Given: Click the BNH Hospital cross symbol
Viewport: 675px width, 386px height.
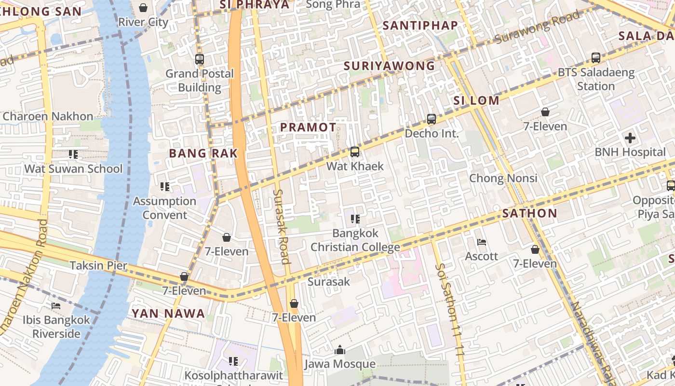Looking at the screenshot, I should tap(630, 138).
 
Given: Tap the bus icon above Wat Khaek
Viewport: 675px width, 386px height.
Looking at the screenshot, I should tap(355, 152).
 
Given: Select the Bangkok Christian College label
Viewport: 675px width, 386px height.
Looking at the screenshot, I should tap(355, 240).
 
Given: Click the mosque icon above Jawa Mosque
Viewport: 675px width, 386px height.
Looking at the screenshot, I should tap(340, 350).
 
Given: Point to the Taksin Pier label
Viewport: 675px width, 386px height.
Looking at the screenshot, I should tap(98, 265).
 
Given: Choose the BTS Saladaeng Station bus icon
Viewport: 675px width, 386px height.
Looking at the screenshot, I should tap(596, 58).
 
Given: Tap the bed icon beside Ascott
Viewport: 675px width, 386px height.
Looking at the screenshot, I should tap(481, 242).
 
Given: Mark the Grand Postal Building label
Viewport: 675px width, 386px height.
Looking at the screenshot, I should tap(200, 81).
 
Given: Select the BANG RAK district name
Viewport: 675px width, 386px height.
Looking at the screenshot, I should tap(203, 153).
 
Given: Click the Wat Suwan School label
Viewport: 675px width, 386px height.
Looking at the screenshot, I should tap(73, 169).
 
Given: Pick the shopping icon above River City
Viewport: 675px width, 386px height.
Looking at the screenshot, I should tap(143, 8).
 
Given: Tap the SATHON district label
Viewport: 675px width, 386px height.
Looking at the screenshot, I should tap(529, 213).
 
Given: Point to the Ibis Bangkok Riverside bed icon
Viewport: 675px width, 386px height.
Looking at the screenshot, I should tap(56, 306).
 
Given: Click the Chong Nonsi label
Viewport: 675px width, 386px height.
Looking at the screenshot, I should tap(503, 178).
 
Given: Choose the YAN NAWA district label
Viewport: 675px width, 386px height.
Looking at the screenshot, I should tap(168, 314).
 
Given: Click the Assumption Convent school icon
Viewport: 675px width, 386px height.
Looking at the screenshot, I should tap(165, 187).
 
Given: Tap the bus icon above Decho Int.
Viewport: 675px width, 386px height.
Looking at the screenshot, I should tap(432, 119).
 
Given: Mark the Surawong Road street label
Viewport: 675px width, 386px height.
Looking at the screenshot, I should tap(536, 26).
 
